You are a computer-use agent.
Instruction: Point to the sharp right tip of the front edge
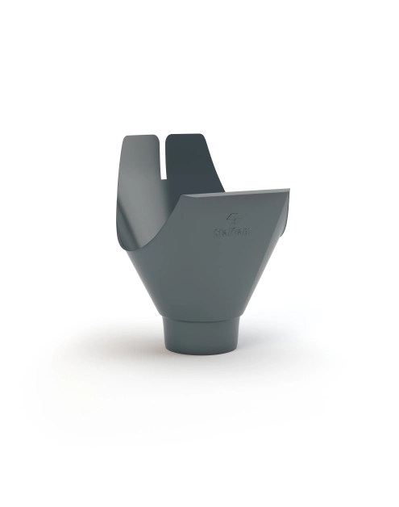pos(288,191)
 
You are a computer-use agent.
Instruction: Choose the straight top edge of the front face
pos(234,194)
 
